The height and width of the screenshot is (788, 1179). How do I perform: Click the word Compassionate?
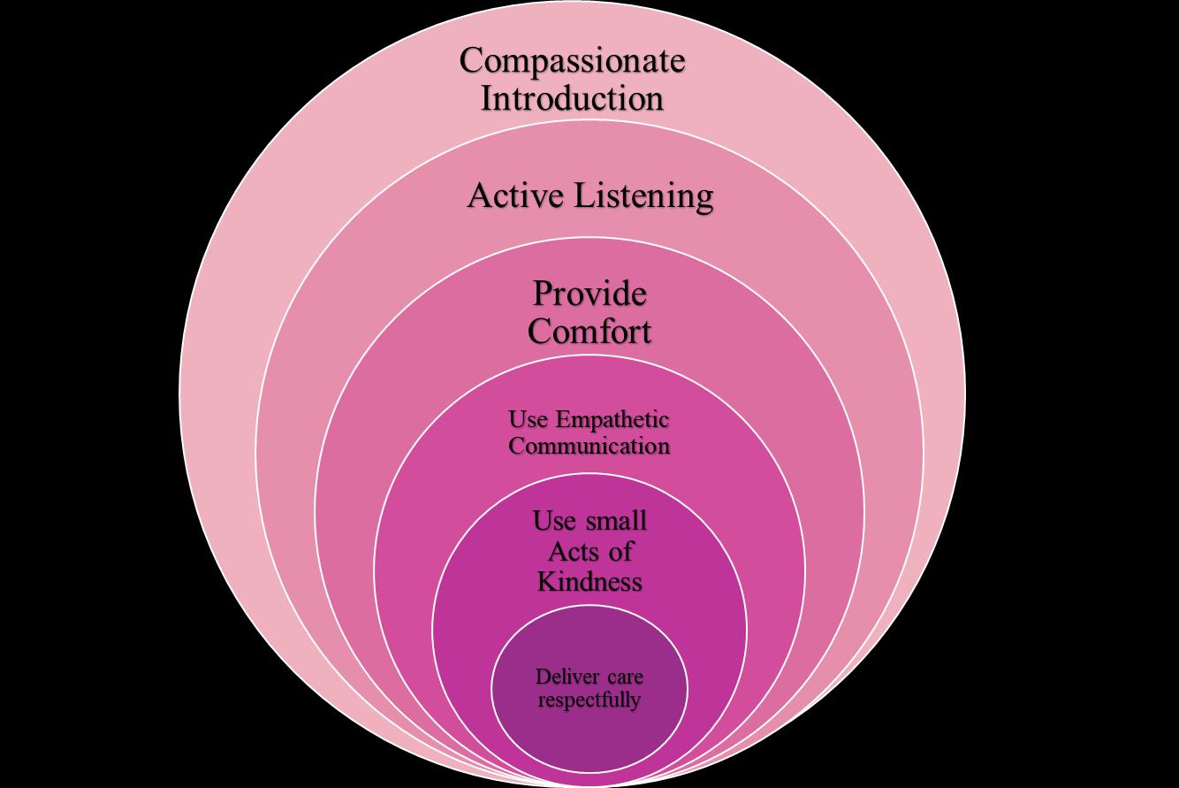pyautogui.click(x=572, y=62)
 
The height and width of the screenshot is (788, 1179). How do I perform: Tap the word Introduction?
pyautogui.click(x=572, y=97)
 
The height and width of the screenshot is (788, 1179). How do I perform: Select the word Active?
pyautogui.click(x=514, y=195)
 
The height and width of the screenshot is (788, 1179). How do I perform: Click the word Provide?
pyautogui.click(x=589, y=294)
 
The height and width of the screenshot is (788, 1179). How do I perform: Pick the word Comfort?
pyautogui.click(x=589, y=332)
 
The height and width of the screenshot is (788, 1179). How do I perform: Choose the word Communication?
pyautogui.click(x=589, y=446)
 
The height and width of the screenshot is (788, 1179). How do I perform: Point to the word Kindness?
pyautogui.click(x=589, y=581)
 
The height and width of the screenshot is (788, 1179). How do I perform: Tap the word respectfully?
pyautogui.click(x=589, y=700)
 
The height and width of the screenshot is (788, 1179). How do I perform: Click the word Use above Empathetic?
pyautogui.click(x=528, y=419)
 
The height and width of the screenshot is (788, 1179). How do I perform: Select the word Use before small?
pyautogui.click(x=553, y=520)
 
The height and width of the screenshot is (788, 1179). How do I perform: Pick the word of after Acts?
pyautogui.click(x=620, y=551)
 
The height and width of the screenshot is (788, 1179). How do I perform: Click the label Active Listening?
pyautogui.click(x=589, y=196)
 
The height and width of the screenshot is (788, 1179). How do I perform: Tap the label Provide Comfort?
pyautogui.click(x=589, y=312)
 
